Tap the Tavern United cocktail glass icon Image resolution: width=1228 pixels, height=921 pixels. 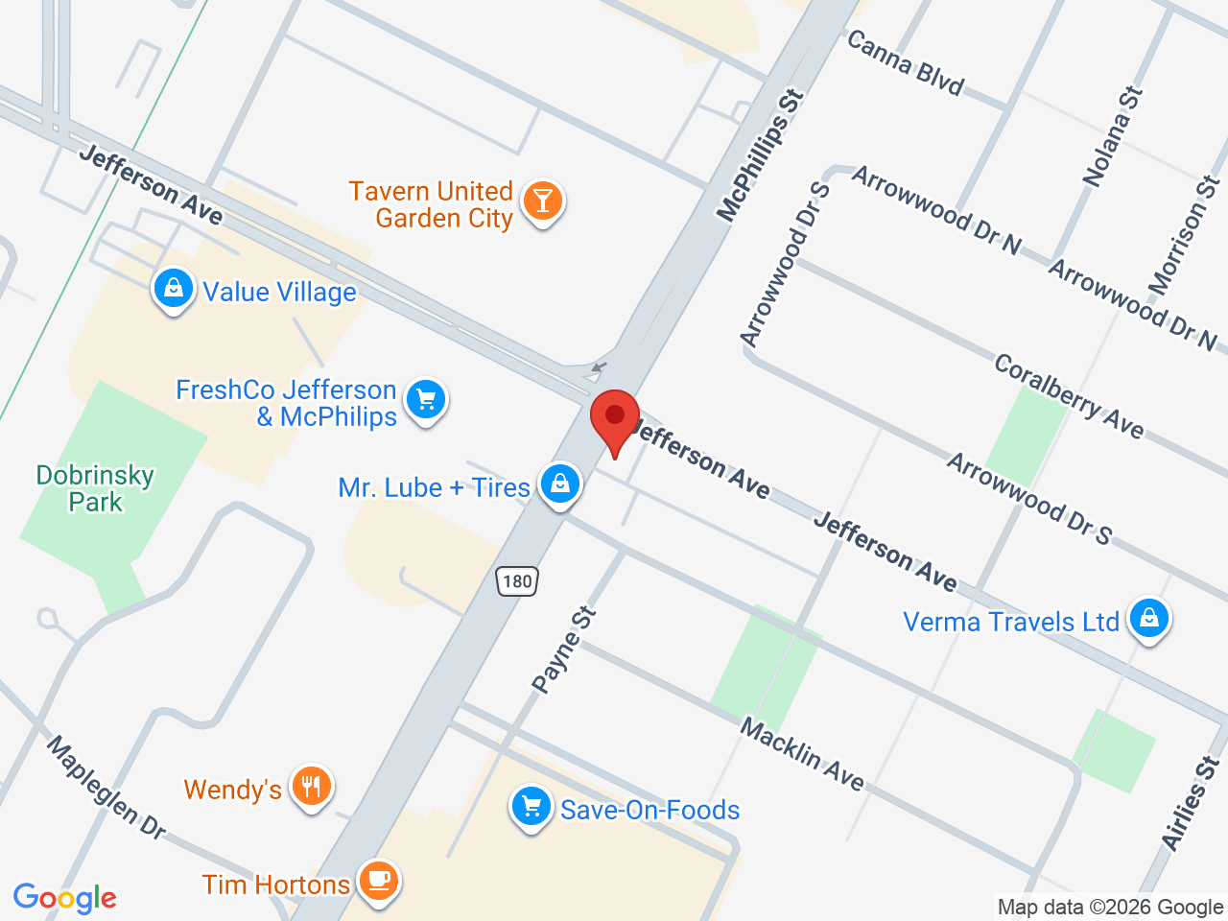click(x=542, y=201)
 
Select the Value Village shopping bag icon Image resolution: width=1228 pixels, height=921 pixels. click(x=174, y=288)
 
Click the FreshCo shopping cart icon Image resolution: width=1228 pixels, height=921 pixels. click(x=426, y=400)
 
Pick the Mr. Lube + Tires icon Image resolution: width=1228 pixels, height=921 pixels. click(x=560, y=484)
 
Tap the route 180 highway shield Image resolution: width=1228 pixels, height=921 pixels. click(x=517, y=580)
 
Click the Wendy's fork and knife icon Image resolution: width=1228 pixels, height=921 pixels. click(x=311, y=787)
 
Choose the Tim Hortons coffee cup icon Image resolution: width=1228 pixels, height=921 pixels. click(x=378, y=881)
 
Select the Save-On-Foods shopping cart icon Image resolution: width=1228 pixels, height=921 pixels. click(x=531, y=808)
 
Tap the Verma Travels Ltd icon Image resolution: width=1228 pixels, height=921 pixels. click(x=1147, y=619)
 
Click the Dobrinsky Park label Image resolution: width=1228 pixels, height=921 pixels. click(x=95, y=488)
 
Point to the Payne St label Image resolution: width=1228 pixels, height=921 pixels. click(x=564, y=649)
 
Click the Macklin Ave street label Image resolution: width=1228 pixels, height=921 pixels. click(x=802, y=754)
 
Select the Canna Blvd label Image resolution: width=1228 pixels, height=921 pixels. click(x=905, y=63)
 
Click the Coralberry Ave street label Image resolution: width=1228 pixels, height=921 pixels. click(x=1069, y=396)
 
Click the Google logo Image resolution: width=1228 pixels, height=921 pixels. click(x=65, y=898)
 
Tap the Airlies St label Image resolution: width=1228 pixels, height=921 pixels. click(x=1192, y=803)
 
